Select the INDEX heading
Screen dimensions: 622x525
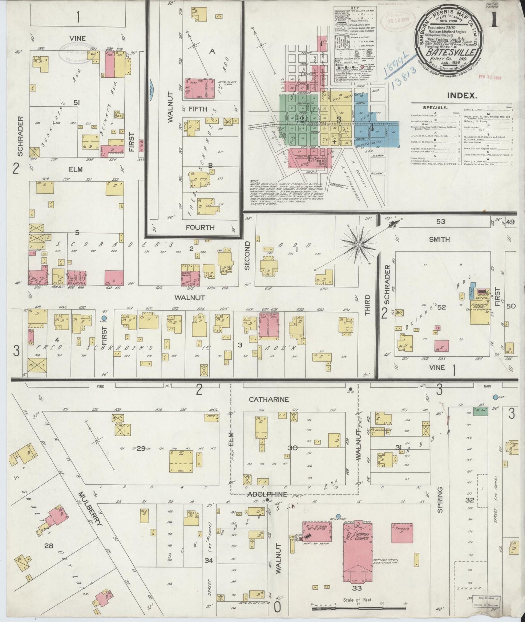461,96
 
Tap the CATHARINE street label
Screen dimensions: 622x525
268,400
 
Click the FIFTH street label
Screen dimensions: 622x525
198,109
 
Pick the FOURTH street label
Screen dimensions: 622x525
200,228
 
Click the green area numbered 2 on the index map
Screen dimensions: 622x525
298,118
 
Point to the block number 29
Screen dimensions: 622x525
141,449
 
